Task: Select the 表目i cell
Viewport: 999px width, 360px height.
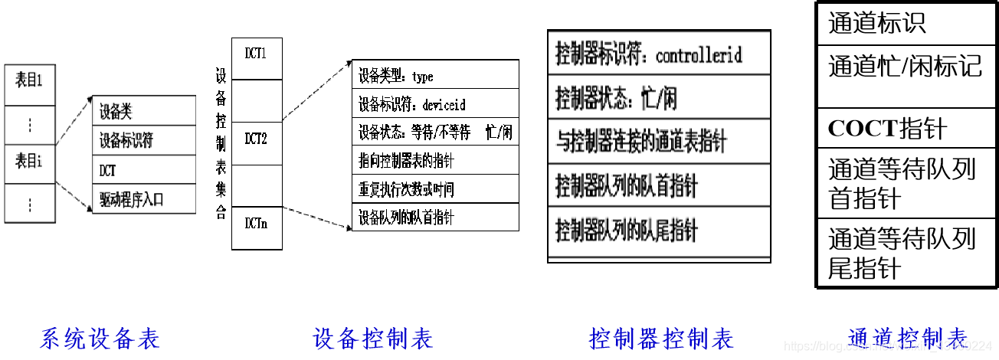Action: pos(30,162)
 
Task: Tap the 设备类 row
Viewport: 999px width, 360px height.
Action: pos(143,112)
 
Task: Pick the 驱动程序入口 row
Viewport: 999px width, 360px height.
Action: pos(143,200)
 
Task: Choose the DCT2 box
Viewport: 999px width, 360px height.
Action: pos(256,140)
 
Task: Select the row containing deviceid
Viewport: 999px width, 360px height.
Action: pos(435,103)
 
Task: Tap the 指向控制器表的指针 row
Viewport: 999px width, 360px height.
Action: pos(435,160)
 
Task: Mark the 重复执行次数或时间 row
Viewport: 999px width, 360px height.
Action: pos(435,188)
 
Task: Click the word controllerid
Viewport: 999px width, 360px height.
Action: pos(699,55)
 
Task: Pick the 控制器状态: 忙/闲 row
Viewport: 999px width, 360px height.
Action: pos(659,98)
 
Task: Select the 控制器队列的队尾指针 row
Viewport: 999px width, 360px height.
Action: pos(659,230)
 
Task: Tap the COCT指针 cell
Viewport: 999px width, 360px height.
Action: pos(905,129)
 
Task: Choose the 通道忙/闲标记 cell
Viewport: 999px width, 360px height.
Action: pos(905,67)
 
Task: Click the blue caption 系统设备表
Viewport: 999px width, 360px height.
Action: pos(100,338)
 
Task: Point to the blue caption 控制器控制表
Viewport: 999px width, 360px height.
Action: pos(661,338)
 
